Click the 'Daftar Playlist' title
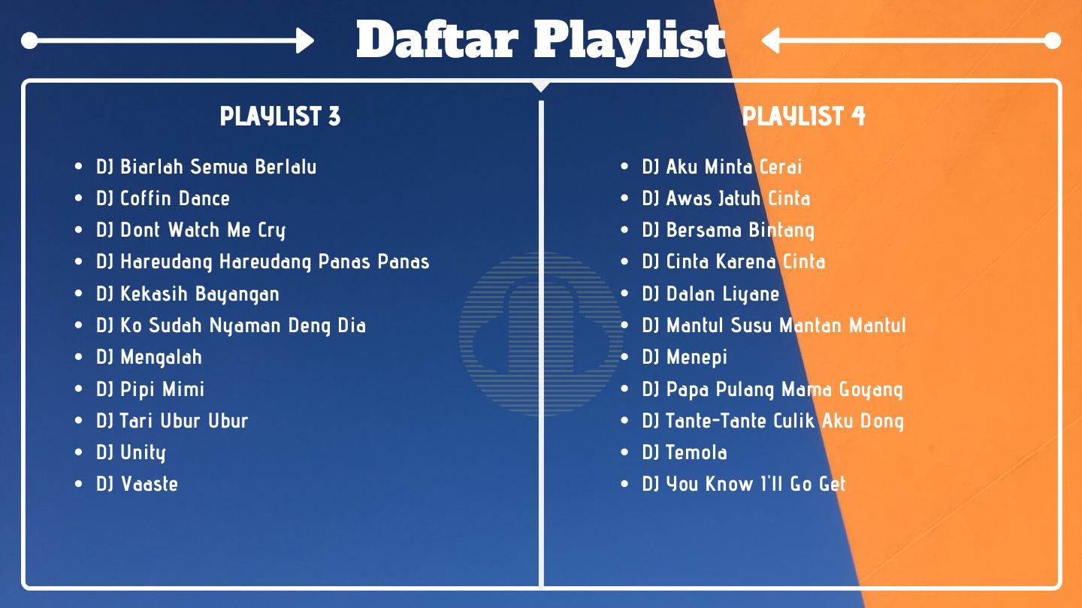[541, 41]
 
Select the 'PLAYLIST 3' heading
[280, 116]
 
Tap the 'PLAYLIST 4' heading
[804, 116]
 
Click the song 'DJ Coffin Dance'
[163, 198]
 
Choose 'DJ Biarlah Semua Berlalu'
[206, 167]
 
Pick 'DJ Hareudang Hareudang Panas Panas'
[263, 262]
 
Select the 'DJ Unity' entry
[131, 453]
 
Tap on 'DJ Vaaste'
[138, 484]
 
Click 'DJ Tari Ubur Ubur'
[172, 420]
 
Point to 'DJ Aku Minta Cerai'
[722, 167]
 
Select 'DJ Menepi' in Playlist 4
[685, 358]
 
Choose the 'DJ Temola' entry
[685, 452]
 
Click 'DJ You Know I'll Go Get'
[744, 484]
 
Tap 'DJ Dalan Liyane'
[711, 294]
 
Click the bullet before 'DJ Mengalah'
[79, 357]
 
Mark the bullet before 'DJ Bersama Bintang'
[624, 230]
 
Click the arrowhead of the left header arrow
[305, 41]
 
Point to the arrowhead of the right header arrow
[770, 41]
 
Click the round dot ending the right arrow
[1053, 41]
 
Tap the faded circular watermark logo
[541, 334]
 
